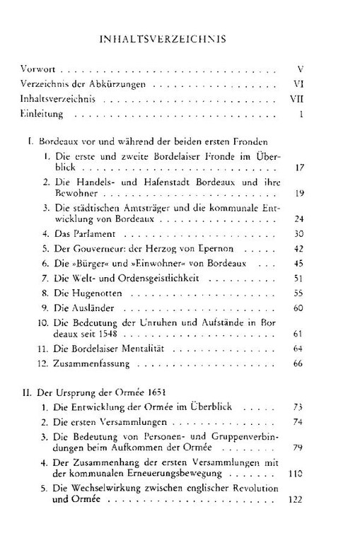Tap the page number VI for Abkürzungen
[x=298, y=85]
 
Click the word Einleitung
[x=40, y=114]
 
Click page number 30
[x=298, y=233]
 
